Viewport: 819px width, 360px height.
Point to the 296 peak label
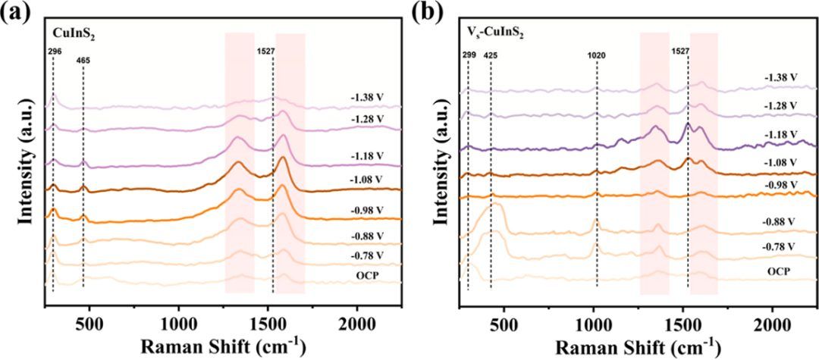point(53,51)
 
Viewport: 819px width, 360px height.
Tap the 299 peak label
point(468,54)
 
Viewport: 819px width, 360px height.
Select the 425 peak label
point(491,54)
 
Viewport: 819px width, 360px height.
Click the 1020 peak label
point(597,54)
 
